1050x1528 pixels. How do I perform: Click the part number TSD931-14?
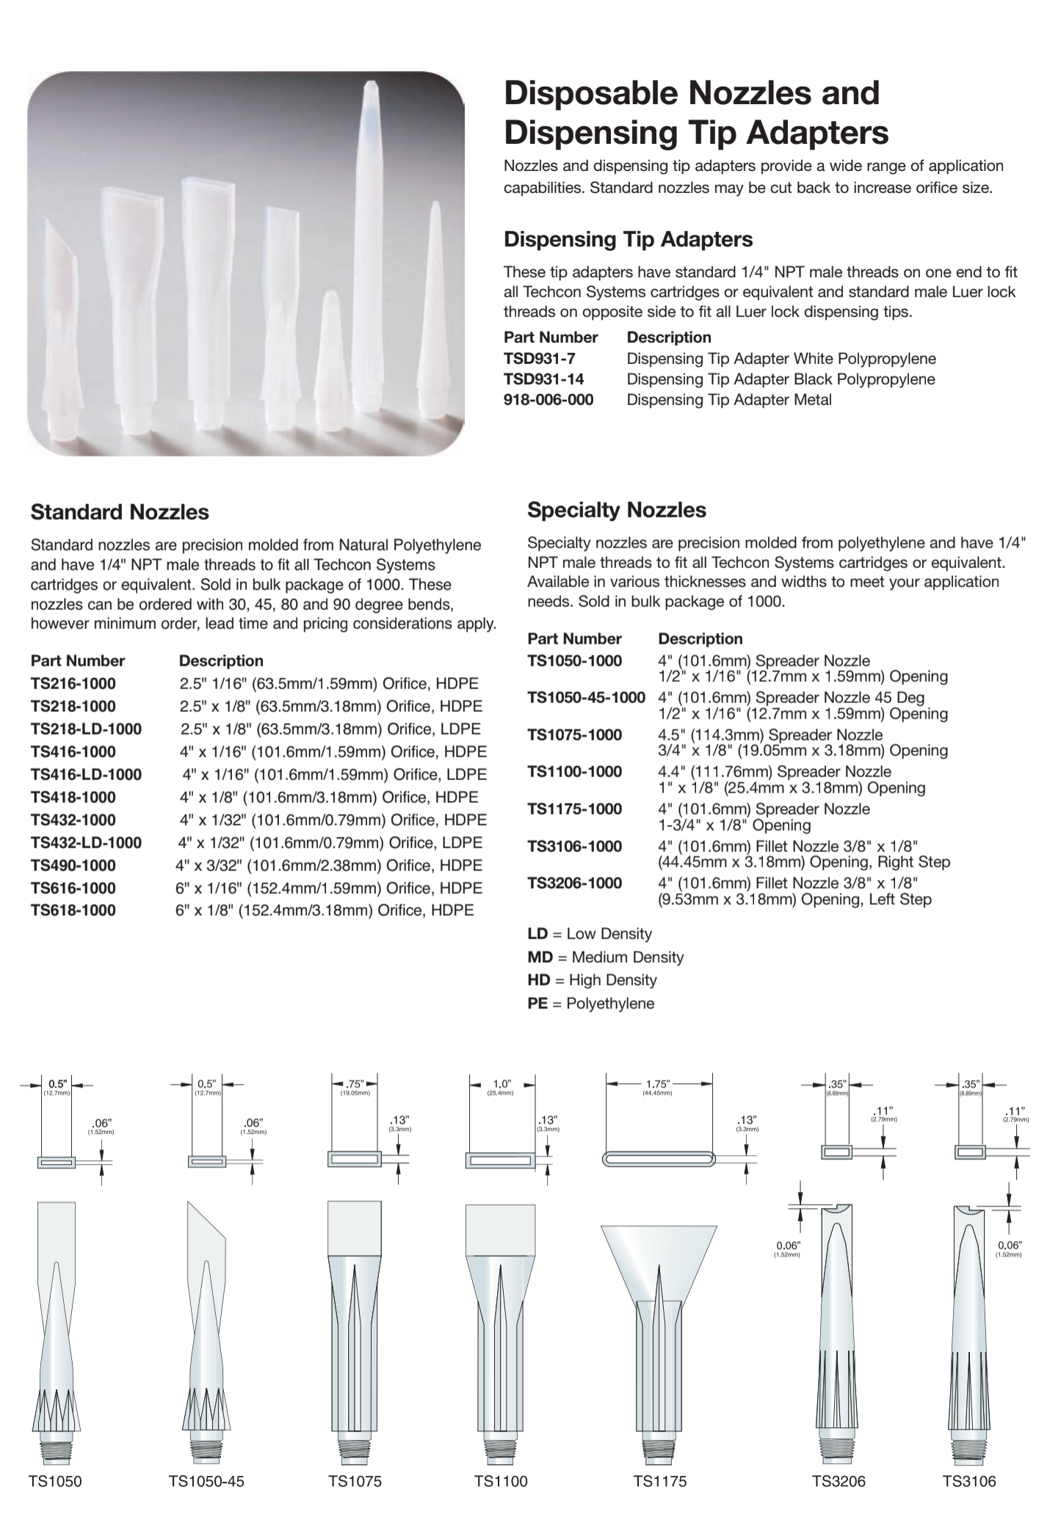tap(543, 379)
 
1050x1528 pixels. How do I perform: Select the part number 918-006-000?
tap(548, 400)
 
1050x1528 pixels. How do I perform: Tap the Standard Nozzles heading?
tap(120, 512)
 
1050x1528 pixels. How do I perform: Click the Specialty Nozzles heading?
tap(617, 510)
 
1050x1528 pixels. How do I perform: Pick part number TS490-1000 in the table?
tap(73, 865)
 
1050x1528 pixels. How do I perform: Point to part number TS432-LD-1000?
tap(86, 843)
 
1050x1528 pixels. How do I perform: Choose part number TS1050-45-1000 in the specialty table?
tap(586, 697)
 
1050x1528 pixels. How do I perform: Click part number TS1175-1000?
tap(574, 809)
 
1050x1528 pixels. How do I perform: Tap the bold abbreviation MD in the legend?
tap(539, 957)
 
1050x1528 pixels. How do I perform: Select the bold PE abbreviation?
tap(537, 1003)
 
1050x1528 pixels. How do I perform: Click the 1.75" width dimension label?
tap(659, 1084)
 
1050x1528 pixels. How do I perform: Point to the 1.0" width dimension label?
tap(502, 1084)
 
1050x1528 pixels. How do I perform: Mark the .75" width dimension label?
tap(355, 1084)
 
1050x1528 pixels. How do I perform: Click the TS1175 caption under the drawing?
tap(659, 1481)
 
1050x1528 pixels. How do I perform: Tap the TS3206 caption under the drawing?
tap(839, 1481)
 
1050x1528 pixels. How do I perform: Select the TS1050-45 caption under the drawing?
tap(206, 1481)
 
